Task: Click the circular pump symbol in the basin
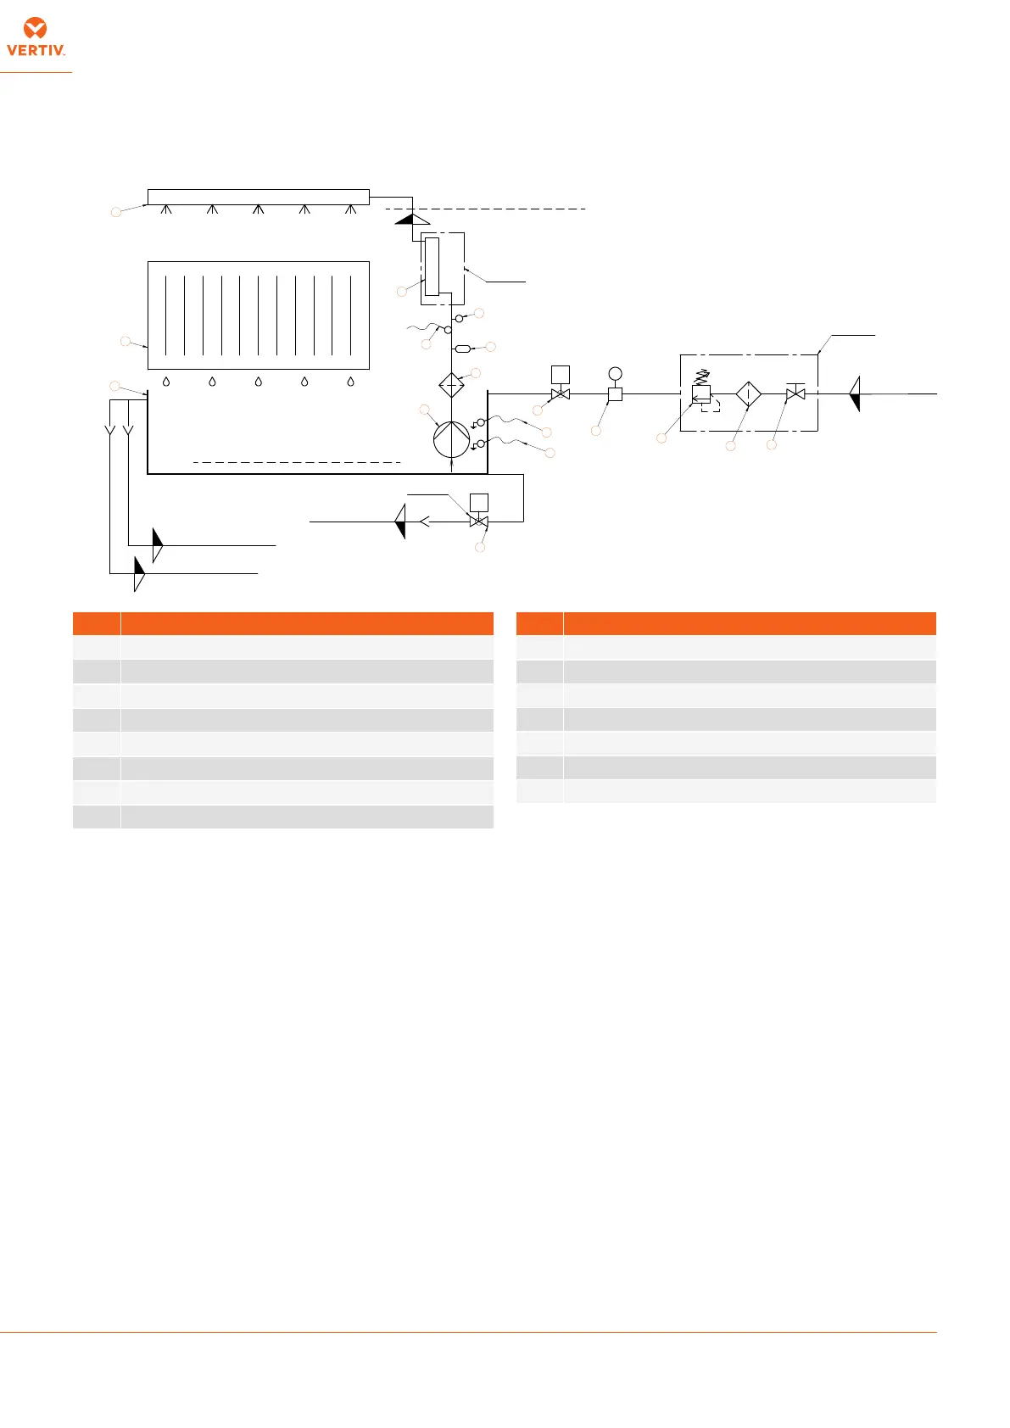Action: tap(451, 439)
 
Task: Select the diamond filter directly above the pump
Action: tap(451, 385)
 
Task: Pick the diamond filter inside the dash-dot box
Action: tap(749, 394)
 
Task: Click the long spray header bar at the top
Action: tap(259, 197)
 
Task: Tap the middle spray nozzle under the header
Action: tap(259, 209)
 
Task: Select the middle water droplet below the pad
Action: tap(259, 382)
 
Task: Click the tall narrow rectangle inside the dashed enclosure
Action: tap(432, 266)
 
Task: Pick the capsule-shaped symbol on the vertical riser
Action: tap(463, 349)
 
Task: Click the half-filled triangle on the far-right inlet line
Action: tap(855, 393)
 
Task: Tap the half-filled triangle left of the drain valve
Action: tap(400, 522)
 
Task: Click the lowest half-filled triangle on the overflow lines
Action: tap(140, 574)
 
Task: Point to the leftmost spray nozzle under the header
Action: tap(166, 209)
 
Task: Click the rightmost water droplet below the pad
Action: tap(350, 382)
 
